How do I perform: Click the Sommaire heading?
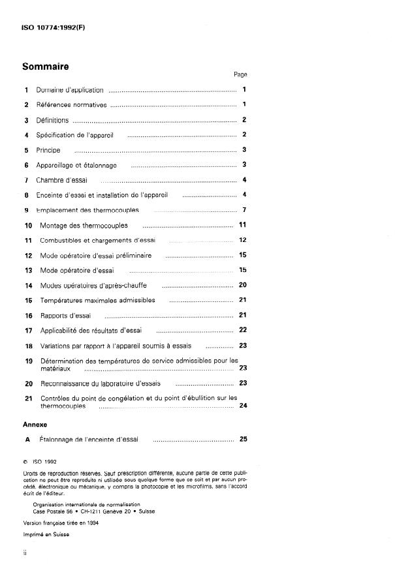click(x=46, y=66)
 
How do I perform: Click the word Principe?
click(x=48, y=150)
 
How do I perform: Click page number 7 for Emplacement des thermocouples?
click(x=243, y=210)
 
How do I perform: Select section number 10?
click(x=28, y=226)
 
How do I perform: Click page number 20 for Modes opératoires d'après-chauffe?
click(x=242, y=285)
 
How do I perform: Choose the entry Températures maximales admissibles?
click(x=98, y=300)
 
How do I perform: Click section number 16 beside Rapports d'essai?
click(x=28, y=316)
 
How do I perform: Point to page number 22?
click(x=242, y=330)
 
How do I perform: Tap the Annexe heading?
click(x=36, y=424)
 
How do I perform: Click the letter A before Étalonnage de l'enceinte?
click(x=27, y=440)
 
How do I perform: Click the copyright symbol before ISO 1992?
click(x=25, y=461)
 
